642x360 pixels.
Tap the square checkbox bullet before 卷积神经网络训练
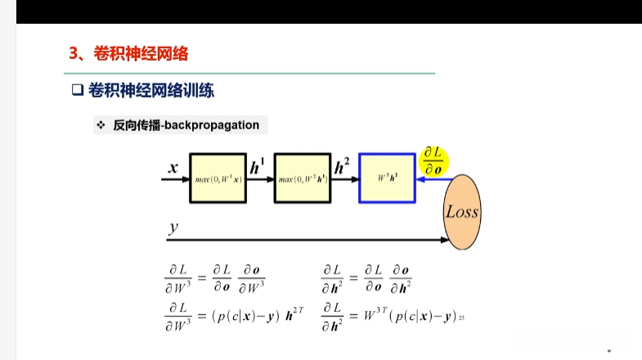[x=78, y=91]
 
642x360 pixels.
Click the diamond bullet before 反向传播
[x=101, y=125]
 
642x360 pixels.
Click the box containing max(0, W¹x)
[x=218, y=178]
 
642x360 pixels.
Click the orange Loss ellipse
[x=462, y=212]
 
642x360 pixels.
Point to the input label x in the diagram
[x=173, y=168]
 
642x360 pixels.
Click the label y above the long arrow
[x=173, y=226]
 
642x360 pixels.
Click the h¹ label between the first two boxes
[x=258, y=168]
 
